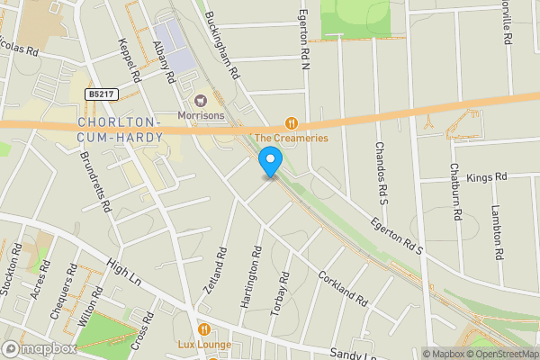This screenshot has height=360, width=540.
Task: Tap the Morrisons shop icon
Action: point(201,100)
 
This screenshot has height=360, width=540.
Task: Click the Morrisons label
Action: point(201,116)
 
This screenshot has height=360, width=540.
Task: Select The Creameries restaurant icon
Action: point(291,122)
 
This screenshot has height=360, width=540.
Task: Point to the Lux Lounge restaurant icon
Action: point(204,329)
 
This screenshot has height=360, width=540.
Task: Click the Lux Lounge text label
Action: point(204,345)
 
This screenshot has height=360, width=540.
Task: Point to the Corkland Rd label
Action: point(343,288)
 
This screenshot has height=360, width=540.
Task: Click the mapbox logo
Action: point(40,349)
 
